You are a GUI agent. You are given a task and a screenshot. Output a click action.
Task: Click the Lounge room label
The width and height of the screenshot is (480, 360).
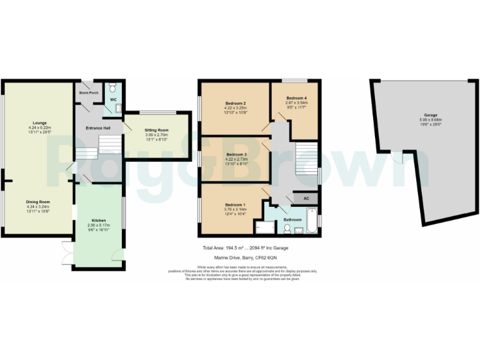(40, 122)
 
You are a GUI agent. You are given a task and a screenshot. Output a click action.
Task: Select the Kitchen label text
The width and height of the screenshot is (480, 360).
(99, 221)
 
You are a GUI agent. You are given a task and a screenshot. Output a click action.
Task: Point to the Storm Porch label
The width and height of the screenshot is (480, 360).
(89, 93)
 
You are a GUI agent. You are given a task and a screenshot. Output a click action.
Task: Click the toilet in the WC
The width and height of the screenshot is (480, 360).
(113, 88)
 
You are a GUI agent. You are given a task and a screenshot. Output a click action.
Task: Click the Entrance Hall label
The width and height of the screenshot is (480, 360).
(98, 128)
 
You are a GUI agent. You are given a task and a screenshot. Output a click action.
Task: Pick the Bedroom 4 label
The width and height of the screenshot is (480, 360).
(297, 99)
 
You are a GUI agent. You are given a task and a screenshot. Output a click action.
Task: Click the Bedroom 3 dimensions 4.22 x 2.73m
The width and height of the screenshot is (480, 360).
(236, 159)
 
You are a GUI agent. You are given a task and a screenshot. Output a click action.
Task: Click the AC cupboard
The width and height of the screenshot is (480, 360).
(306, 198)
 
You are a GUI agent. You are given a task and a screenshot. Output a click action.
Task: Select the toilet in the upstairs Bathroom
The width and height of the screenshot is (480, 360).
(286, 229)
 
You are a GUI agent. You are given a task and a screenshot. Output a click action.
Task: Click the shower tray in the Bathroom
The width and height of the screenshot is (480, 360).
(272, 229)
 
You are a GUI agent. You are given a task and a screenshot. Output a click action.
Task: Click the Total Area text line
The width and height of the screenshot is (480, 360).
(245, 248)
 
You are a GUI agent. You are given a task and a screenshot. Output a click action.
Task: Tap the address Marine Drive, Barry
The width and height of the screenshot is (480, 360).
(245, 257)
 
